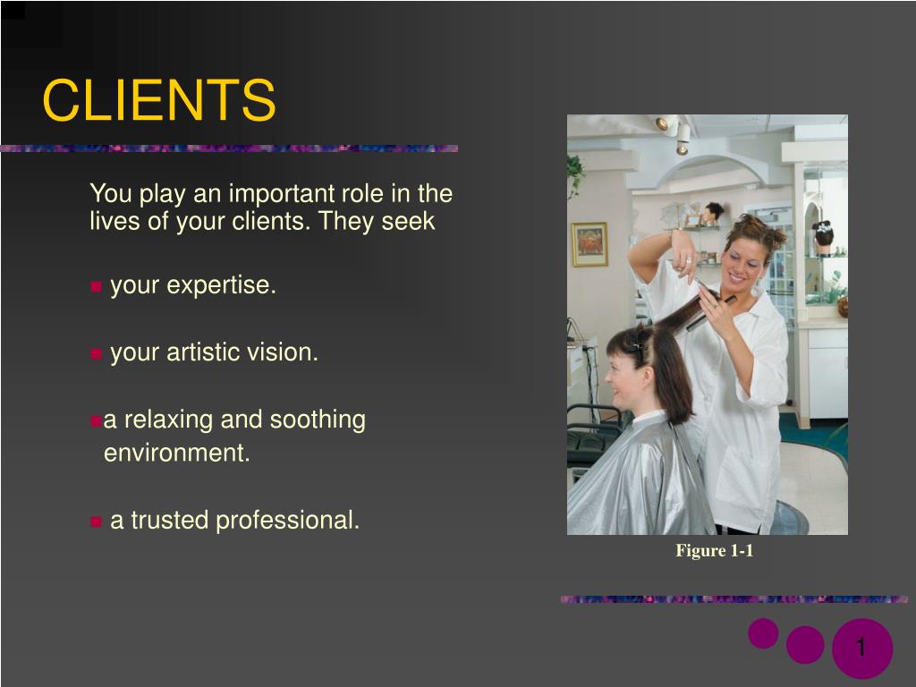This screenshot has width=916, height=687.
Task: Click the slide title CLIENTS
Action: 159,100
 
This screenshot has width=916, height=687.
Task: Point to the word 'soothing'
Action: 318,420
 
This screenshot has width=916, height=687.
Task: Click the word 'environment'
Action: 175,453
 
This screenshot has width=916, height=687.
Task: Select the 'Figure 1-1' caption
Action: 714,551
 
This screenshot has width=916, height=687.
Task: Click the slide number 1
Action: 861,648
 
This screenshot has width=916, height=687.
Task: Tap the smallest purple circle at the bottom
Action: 763,633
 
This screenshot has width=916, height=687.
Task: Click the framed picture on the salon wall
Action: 589,244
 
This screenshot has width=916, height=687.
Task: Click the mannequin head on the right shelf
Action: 823,235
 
